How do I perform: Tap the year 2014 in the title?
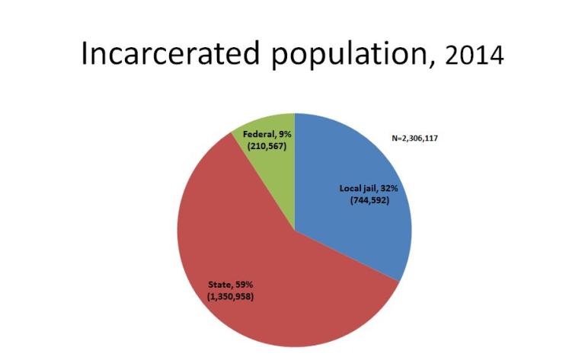click(x=475, y=57)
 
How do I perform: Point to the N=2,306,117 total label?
click(x=415, y=139)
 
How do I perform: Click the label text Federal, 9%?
click(x=264, y=135)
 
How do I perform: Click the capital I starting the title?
click(x=86, y=56)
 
